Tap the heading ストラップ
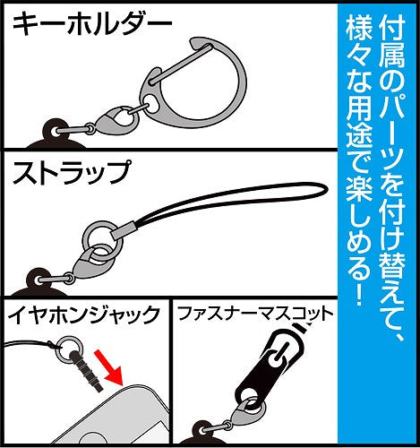point(71,171)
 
